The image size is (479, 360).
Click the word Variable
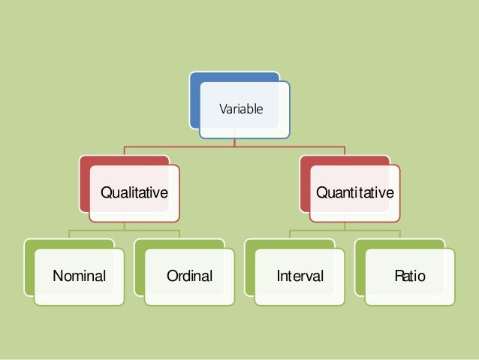pos(240,109)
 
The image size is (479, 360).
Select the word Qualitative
pos(134,193)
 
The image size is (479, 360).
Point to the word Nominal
pos(79,277)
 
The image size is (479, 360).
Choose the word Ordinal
pos(190,277)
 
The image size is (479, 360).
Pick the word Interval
pos(300,277)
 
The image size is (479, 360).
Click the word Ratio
pos(410,277)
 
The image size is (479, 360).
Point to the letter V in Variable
pos(221,109)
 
